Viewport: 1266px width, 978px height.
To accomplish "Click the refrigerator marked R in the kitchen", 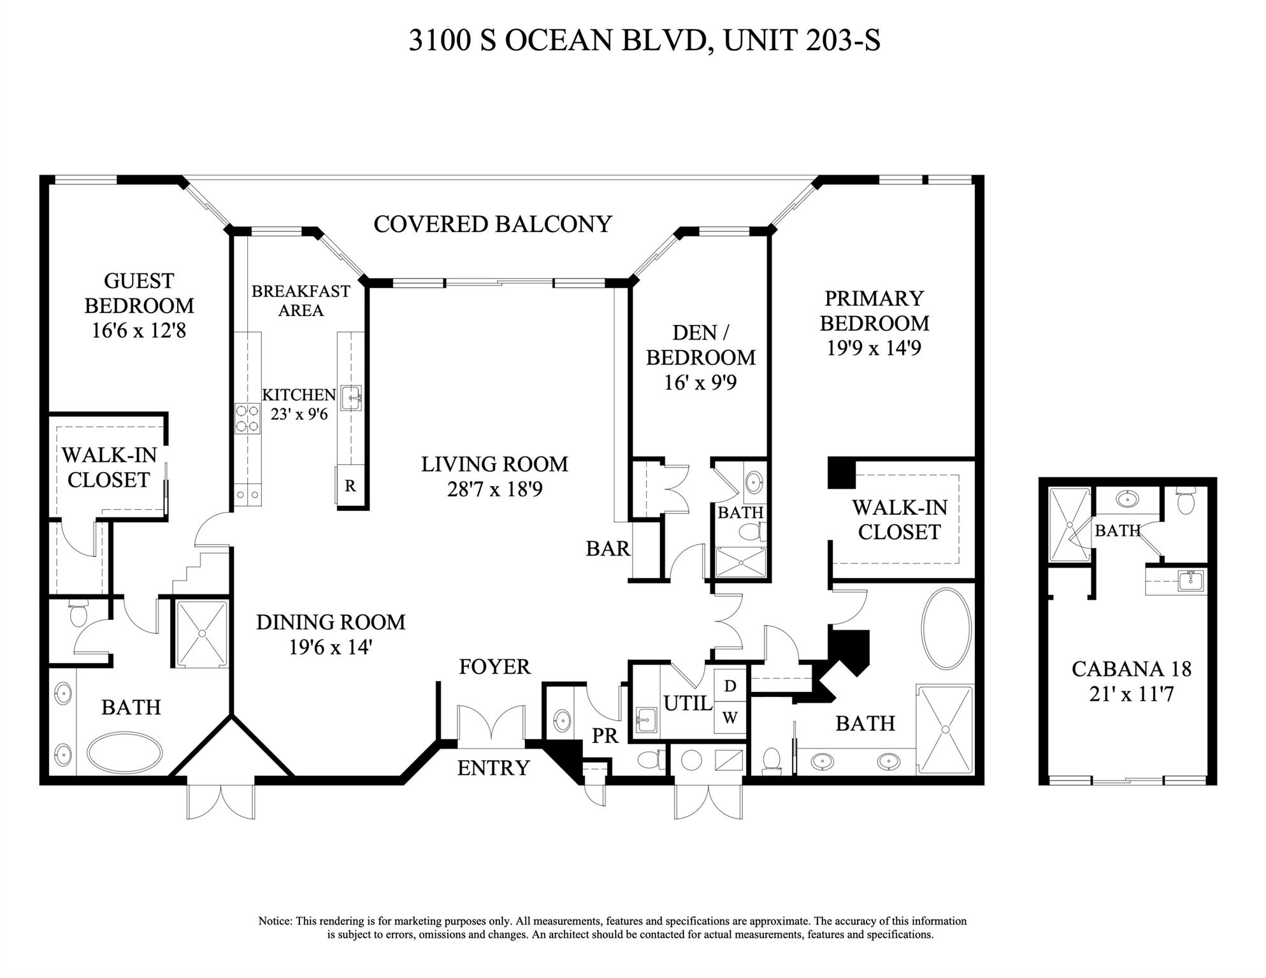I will click(350, 486).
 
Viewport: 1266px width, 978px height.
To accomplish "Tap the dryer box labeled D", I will click(730, 686).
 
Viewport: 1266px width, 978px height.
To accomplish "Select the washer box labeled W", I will click(730, 718).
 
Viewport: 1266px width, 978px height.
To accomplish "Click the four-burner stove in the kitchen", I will click(247, 419).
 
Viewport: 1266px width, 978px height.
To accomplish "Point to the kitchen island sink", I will click(351, 398).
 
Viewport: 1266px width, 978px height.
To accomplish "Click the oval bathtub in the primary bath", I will click(946, 629).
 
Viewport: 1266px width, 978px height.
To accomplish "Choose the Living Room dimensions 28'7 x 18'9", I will click(494, 489).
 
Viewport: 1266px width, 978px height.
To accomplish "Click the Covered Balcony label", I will click(493, 224).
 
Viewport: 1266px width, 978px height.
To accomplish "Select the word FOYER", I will click(494, 667).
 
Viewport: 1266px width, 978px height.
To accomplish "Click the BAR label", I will click(607, 549).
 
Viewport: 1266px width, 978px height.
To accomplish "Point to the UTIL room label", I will click(687, 703).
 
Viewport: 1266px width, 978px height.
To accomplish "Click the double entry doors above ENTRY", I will click(491, 727).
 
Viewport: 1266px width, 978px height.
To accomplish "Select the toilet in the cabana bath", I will click(1184, 501).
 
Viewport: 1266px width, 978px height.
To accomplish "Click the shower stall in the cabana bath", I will click(1070, 524).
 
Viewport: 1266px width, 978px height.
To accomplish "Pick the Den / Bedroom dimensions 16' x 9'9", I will click(700, 383).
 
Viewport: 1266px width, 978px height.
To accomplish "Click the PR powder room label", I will click(605, 736).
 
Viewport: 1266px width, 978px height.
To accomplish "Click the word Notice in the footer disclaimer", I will click(275, 921).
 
